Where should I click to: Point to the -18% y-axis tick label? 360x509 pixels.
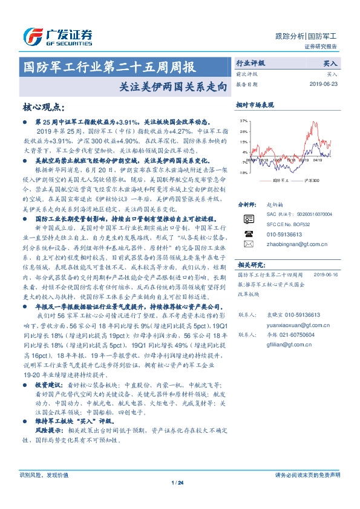click(243, 173)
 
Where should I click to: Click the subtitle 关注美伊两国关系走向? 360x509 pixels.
click(172, 86)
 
